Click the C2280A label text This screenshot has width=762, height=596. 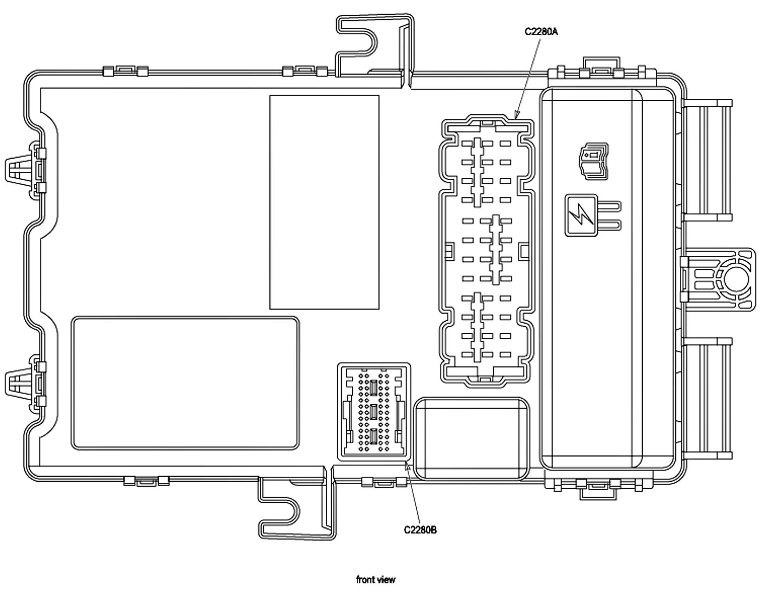tap(541, 32)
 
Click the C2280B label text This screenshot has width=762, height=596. tap(420, 530)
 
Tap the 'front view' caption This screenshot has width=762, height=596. tap(375, 579)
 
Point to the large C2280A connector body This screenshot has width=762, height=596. tap(486, 251)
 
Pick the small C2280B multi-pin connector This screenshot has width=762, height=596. tap(374, 411)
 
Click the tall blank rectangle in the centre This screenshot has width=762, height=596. tap(324, 202)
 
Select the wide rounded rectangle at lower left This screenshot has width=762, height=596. tap(185, 383)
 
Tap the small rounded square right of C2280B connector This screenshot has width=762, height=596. tap(471, 438)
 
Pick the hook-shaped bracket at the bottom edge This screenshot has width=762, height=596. tap(297, 508)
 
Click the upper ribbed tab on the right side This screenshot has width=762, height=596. tap(707, 160)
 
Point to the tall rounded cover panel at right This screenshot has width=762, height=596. tap(608, 279)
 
